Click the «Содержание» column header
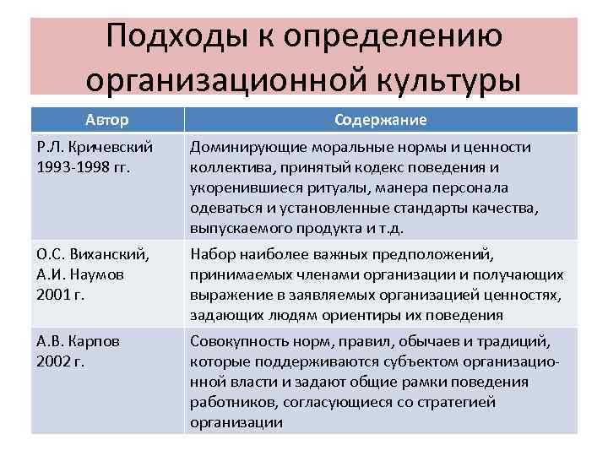[380, 120]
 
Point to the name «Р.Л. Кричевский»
[94, 148]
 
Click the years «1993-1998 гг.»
[83, 167]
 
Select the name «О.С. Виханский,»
[94, 254]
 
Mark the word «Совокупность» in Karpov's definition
[238, 341]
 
